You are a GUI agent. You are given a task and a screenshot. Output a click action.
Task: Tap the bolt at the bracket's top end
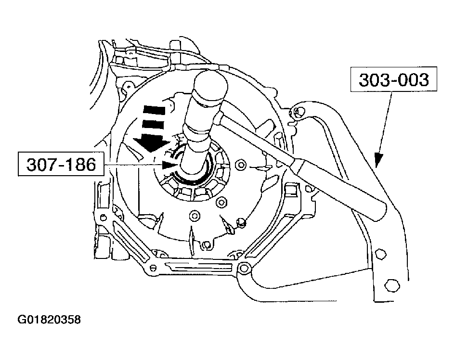tap(299, 113)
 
